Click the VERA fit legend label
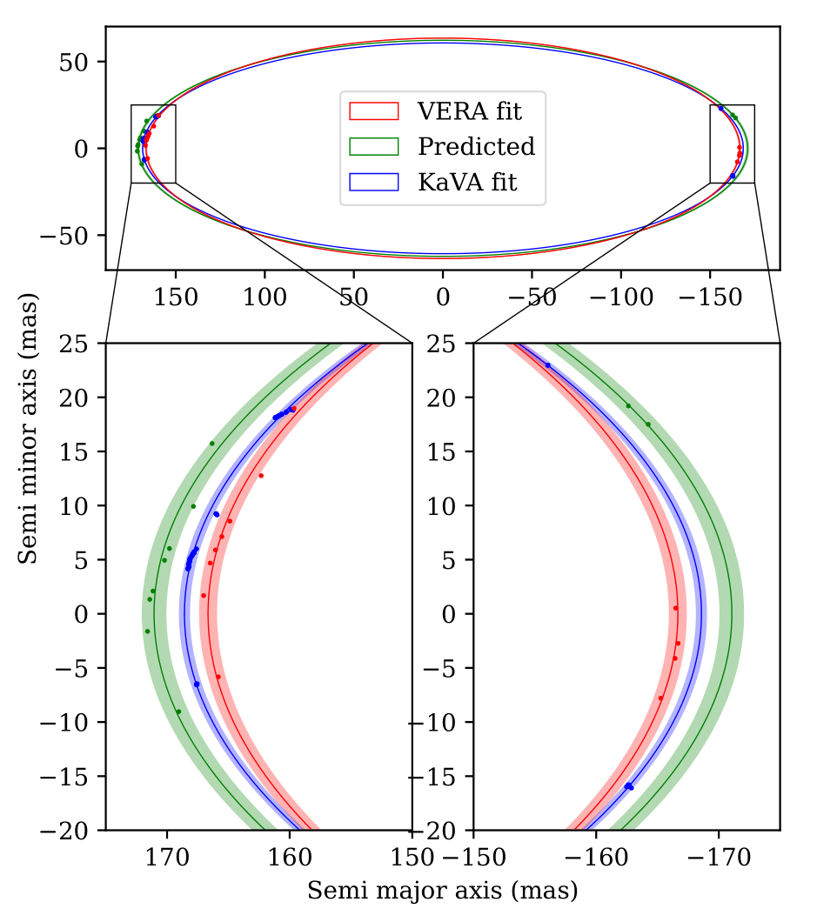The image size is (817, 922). click(x=470, y=110)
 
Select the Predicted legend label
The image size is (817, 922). click(x=476, y=146)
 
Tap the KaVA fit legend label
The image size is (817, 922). click(x=467, y=183)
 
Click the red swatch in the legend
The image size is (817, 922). click(x=373, y=110)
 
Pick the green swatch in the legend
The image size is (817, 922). click(x=373, y=146)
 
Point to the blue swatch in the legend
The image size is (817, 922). click(x=373, y=183)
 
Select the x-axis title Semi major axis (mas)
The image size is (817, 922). click(x=442, y=890)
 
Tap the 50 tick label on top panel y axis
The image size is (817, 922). click(x=71, y=62)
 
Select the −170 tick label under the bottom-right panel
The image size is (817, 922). click(x=719, y=858)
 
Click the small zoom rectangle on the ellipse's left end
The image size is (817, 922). click(x=153, y=144)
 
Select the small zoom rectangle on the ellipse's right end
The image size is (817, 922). click(x=732, y=144)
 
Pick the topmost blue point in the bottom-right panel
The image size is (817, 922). click(x=547, y=365)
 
